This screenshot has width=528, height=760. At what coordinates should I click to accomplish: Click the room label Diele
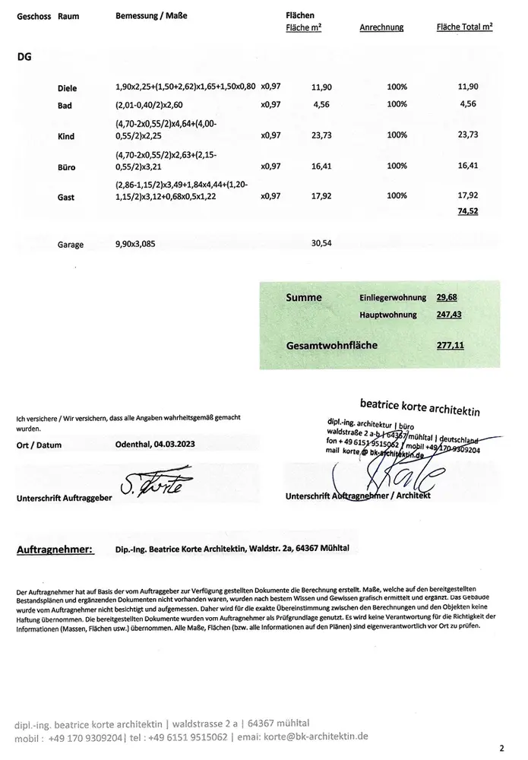[67, 89]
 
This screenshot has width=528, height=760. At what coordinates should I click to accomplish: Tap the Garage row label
[71, 245]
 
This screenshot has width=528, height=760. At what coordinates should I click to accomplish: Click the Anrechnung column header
[381, 27]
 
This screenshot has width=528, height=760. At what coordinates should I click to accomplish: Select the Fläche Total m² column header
[464, 27]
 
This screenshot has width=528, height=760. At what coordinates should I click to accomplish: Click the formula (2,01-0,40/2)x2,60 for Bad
[156, 103]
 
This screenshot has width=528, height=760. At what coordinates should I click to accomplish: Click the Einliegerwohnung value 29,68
[447, 297]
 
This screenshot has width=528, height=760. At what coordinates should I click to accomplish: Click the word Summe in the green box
[304, 297]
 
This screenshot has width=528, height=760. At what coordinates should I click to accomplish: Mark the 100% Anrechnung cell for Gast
[397, 195]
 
